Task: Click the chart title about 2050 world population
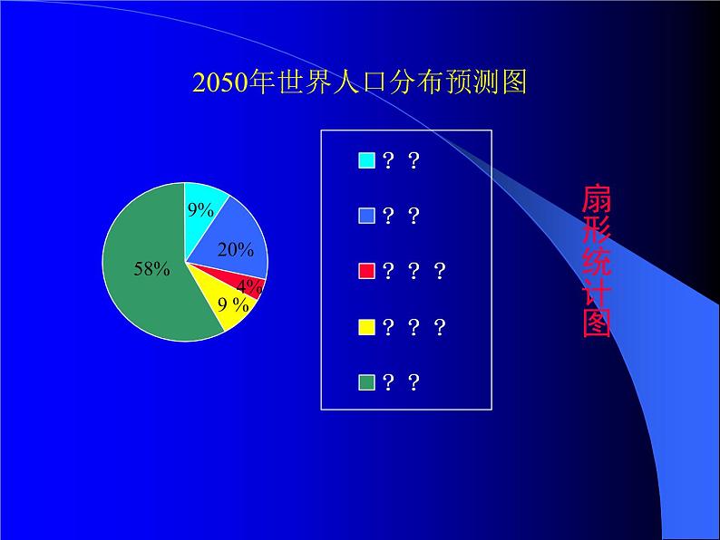point(360,82)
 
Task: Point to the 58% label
point(151,268)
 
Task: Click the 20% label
point(236,250)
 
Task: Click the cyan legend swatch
point(366,160)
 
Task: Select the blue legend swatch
point(366,216)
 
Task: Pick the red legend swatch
point(366,271)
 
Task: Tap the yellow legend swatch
point(366,327)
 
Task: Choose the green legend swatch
point(366,382)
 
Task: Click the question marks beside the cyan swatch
point(401,160)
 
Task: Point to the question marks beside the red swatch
point(414,271)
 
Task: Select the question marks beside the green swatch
point(401,382)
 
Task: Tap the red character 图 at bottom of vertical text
point(597,323)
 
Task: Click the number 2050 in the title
point(220,83)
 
